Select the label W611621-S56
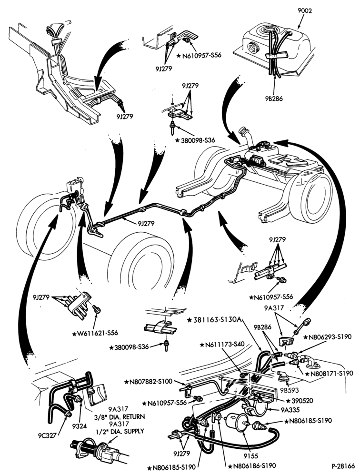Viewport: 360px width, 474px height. [x=95, y=333]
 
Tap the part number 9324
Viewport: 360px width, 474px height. [x=80, y=426]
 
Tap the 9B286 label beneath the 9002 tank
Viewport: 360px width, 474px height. [x=273, y=99]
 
